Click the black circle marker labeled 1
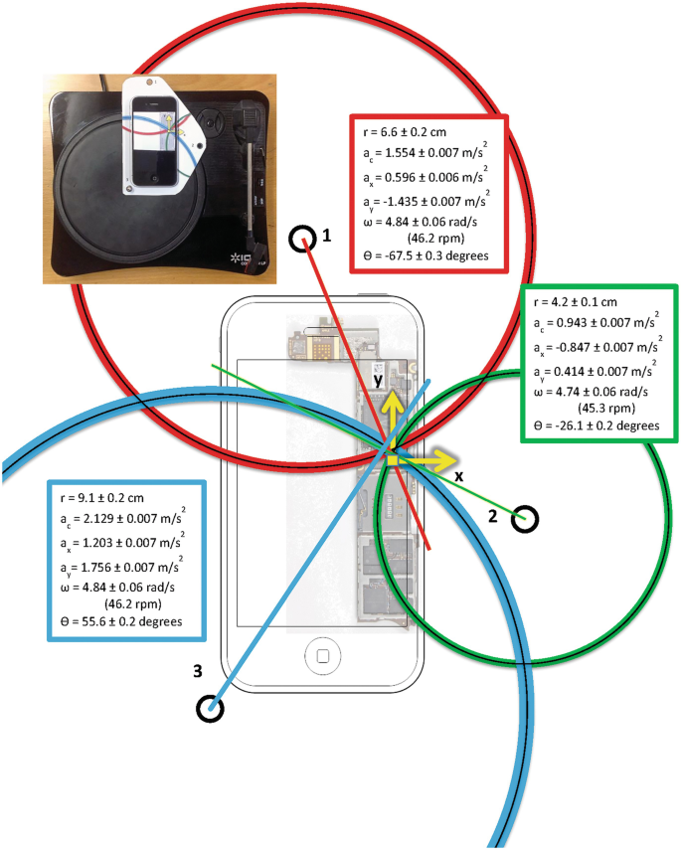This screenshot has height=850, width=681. (301, 239)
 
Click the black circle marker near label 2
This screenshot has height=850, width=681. (526, 518)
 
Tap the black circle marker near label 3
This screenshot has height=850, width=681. (210, 708)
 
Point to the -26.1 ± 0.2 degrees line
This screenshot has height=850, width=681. (598, 425)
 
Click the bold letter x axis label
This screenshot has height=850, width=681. (458, 476)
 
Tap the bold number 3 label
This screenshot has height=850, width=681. (198, 673)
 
